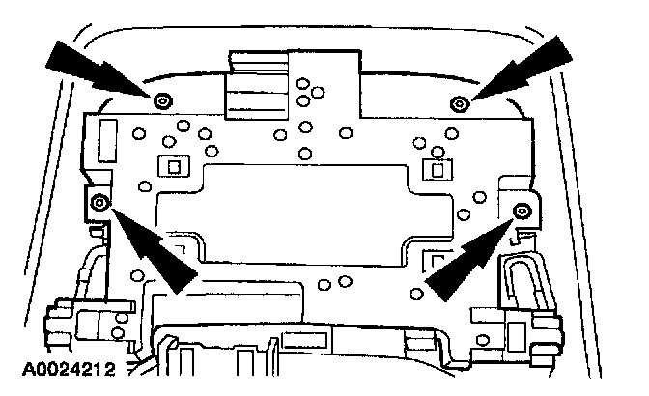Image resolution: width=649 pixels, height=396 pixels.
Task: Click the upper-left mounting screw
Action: pyautogui.click(x=162, y=99)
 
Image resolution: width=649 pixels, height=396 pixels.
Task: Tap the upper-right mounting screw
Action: pyautogui.click(x=462, y=102)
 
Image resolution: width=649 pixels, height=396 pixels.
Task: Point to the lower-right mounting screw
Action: pyautogui.click(x=522, y=210)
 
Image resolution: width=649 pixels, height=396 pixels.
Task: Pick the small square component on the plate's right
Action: pyautogui.click(x=436, y=171)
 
